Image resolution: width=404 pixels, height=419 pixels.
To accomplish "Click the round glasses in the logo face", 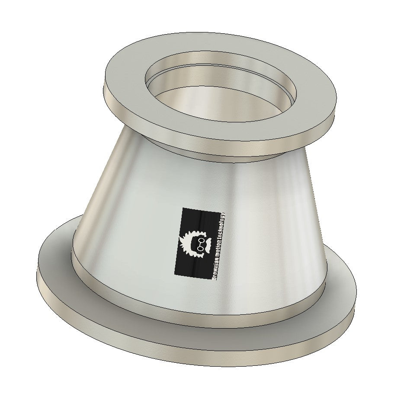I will [x=200, y=244].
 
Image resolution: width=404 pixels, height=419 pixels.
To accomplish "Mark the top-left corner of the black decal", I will [x=182, y=208].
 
